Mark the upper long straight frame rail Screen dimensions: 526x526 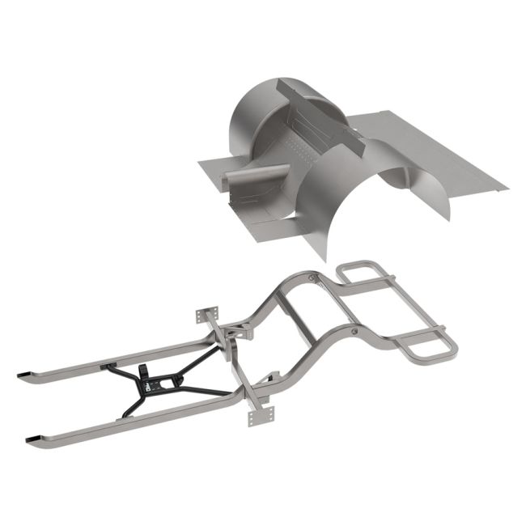(121, 357)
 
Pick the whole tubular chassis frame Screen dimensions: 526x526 (267, 348)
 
